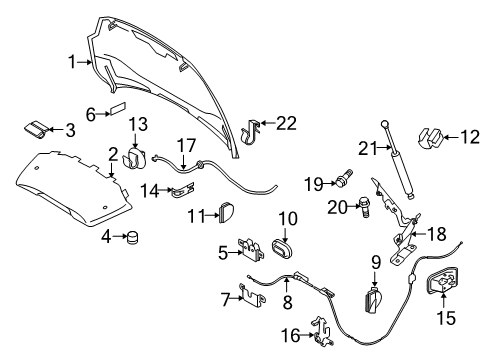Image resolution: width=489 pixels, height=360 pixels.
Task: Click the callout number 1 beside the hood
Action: [x=72, y=62]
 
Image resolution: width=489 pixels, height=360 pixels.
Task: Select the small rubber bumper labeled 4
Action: [x=130, y=237]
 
